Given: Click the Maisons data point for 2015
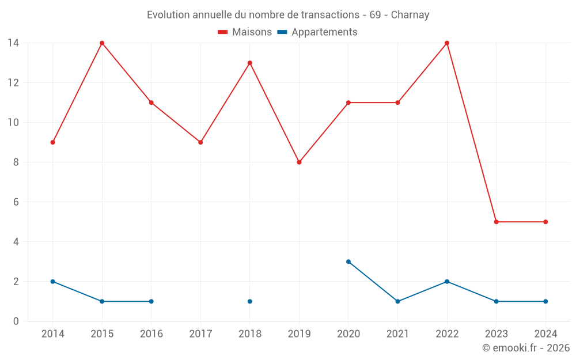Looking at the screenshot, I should pyautogui.click(x=102, y=43).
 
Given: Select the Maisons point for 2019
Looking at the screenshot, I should pyautogui.click(x=299, y=162).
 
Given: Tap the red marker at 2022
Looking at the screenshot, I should pyautogui.click(x=447, y=43).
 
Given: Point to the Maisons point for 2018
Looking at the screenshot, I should pyautogui.click(x=250, y=63).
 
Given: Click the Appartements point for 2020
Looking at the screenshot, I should pyautogui.click(x=348, y=262).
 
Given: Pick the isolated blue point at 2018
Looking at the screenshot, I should pyautogui.click(x=250, y=301).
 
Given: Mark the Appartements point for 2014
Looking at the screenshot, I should pyautogui.click(x=52, y=282).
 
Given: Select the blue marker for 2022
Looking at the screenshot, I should pyautogui.click(x=447, y=282).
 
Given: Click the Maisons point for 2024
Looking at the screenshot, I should pyautogui.click(x=545, y=222).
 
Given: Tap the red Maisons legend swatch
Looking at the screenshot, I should pyautogui.click(x=222, y=32).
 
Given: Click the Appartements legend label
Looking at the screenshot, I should pyautogui.click(x=324, y=32).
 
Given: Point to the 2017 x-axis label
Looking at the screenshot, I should pyautogui.click(x=200, y=334).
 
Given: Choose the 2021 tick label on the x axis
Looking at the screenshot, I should pyautogui.click(x=397, y=334).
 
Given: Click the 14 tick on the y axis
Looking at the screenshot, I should pyautogui.click(x=13, y=43).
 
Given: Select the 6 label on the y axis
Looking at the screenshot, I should pyautogui.click(x=16, y=202).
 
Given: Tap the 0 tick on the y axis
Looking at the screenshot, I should pyautogui.click(x=16, y=321).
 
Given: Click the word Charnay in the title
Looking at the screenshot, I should pyautogui.click(x=410, y=15).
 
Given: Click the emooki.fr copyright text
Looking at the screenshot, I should pyautogui.click(x=526, y=348).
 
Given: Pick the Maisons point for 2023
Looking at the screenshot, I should pyautogui.click(x=496, y=222).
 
